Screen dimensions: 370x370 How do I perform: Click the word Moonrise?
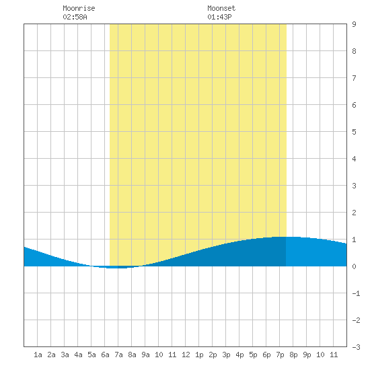79,8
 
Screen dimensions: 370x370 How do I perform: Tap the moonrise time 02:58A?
75,17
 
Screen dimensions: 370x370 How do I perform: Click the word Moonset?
221,8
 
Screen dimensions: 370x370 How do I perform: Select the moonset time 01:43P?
219,17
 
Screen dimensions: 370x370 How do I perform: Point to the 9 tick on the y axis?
354,24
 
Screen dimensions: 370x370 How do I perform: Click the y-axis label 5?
354,132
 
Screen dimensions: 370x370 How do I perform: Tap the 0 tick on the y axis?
354,266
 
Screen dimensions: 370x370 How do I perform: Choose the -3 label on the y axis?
356,347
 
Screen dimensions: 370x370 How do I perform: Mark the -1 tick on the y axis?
356,293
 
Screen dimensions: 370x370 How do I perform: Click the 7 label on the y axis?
354,78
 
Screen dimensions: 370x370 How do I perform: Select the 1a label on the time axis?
38,355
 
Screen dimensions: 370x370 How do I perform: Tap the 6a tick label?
105,355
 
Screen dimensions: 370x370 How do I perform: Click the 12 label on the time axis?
186,355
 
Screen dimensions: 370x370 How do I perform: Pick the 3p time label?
226,355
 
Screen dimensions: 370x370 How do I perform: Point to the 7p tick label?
280,355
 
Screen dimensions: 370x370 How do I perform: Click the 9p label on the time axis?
307,355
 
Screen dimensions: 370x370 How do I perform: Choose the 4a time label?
78,355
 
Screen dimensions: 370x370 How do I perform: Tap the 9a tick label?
145,355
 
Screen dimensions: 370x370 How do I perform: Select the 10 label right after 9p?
320,355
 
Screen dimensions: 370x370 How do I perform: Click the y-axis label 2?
354,213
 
